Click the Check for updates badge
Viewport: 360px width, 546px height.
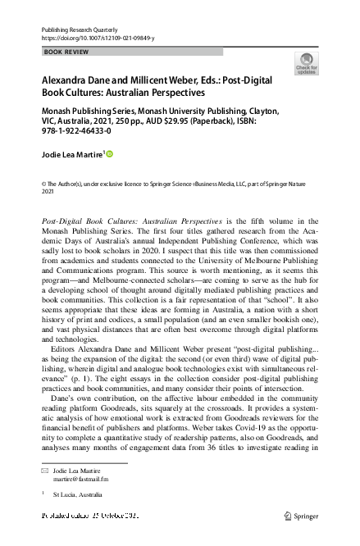307,63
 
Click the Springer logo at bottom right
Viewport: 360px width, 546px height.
301,516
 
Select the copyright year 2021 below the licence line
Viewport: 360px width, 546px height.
47,192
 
